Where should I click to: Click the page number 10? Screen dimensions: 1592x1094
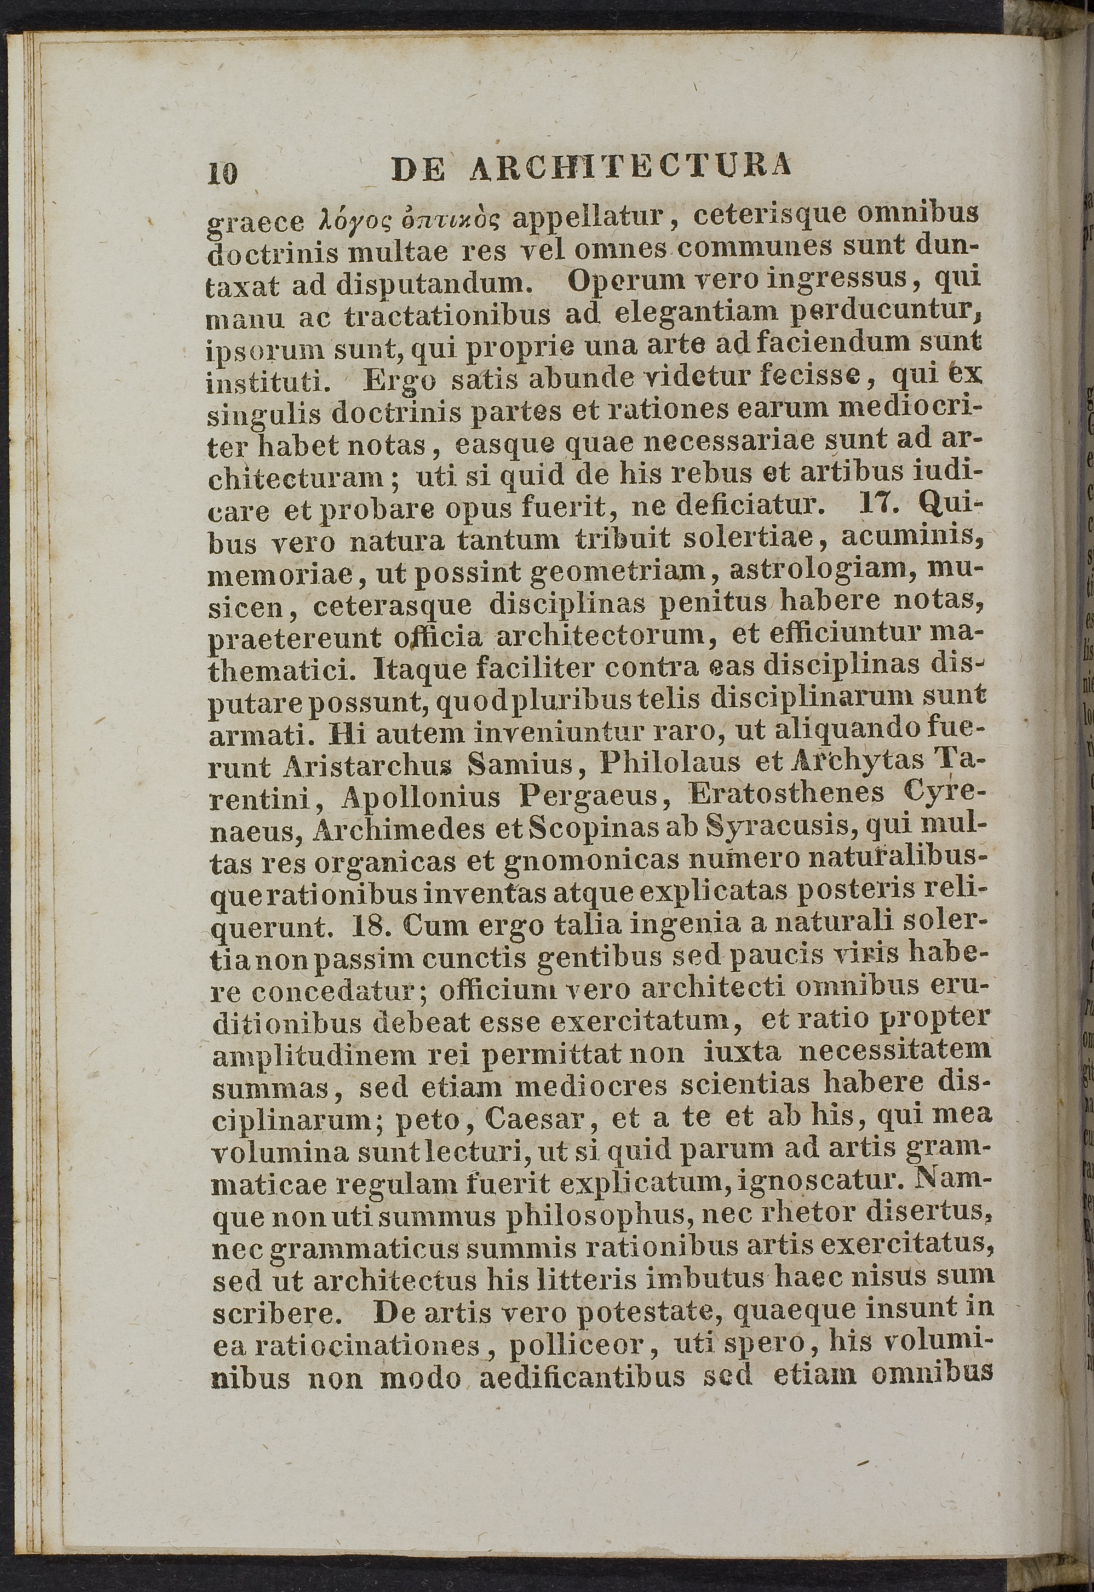point(223,173)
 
